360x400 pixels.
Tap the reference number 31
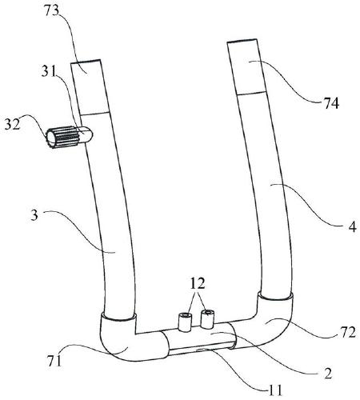[49, 71]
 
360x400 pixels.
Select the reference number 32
[12, 124]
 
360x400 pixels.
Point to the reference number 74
[331, 103]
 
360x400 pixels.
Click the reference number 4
[353, 227]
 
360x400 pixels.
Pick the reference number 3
[34, 215]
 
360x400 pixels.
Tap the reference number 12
[198, 284]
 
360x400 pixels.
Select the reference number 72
[348, 333]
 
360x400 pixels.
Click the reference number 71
[54, 360]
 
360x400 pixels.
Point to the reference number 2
[328, 374]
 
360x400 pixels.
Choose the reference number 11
[275, 390]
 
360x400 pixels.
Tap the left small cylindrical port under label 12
[185, 322]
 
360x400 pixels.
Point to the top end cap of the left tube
[90, 87]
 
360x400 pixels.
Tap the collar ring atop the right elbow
[275, 297]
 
